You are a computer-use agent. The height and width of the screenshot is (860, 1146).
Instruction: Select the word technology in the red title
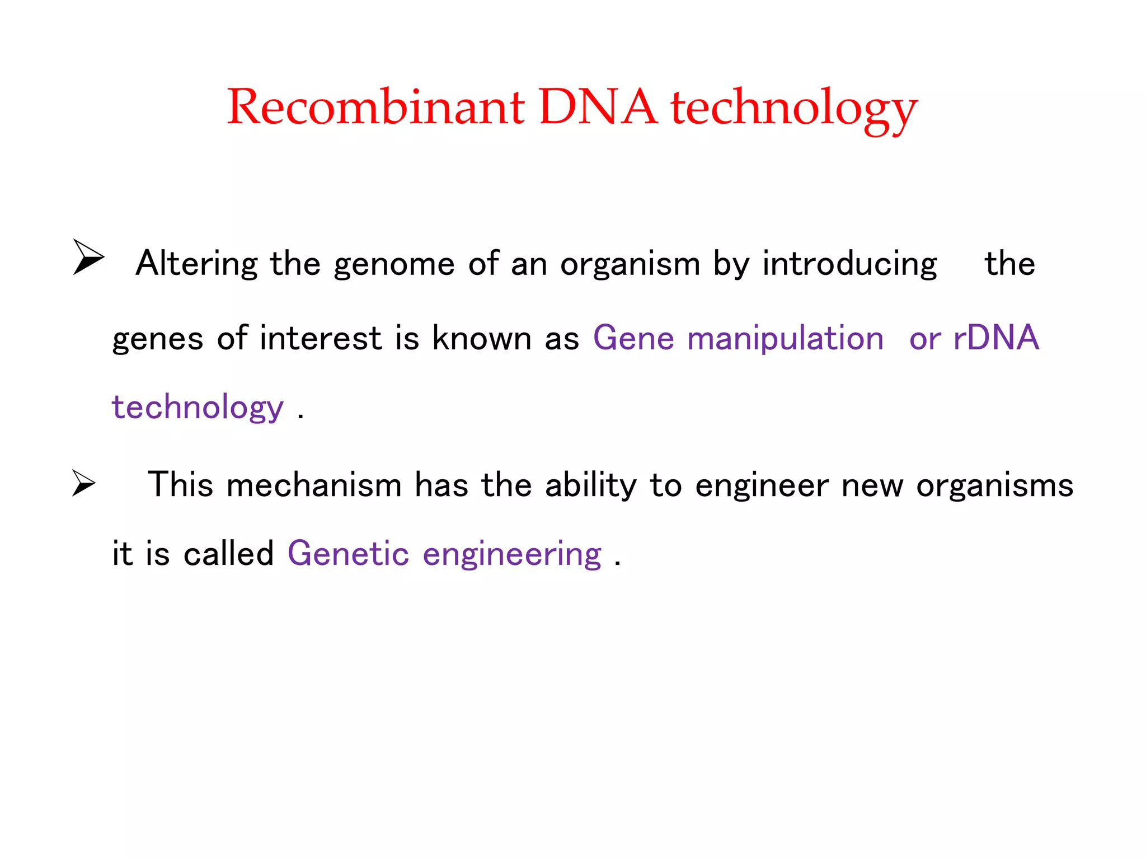pos(794,109)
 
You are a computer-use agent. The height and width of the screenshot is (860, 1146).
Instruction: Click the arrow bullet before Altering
pos(88,257)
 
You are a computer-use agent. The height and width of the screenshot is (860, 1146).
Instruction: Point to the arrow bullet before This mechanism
pos(84,483)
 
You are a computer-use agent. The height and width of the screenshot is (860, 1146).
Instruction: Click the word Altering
pos(196,263)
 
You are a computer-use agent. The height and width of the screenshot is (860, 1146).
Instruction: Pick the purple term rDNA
pos(996,338)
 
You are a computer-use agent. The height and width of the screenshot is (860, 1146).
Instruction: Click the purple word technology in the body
pos(198,408)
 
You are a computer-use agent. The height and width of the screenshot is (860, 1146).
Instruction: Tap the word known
pos(482,338)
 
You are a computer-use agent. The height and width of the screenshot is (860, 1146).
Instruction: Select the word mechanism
pos(314,485)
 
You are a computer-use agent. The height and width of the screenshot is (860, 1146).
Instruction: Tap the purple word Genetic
pos(348,554)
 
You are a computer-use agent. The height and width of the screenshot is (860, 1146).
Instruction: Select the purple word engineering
pos(512,555)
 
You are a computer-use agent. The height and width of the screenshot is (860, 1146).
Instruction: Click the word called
pos(228,554)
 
